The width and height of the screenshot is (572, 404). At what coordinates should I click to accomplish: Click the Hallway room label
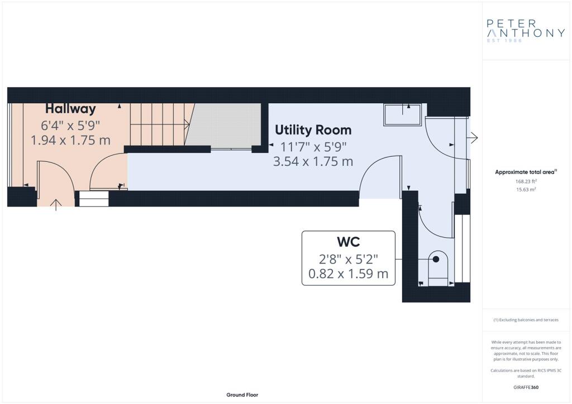[70, 109]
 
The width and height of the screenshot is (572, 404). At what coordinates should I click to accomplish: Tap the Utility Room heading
[313, 130]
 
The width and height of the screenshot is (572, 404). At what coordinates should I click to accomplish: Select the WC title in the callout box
[348, 242]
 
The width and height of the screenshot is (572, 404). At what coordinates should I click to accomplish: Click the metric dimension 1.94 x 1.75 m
[70, 140]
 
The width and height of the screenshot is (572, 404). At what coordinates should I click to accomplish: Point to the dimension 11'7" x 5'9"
[313, 147]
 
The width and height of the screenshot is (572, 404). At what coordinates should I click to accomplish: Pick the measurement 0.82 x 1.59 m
[348, 274]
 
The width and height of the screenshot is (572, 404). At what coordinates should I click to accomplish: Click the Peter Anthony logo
[525, 29]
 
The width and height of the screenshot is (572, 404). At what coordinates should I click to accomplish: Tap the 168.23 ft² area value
[526, 181]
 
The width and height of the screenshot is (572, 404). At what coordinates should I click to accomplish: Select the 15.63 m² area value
[526, 190]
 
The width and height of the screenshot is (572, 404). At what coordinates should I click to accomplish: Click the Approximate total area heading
[525, 172]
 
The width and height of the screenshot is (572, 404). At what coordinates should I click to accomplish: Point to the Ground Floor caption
[242, 395]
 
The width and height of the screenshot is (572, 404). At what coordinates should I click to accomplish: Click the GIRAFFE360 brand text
[526, 387]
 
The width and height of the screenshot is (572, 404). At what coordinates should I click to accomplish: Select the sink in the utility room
[402, 116]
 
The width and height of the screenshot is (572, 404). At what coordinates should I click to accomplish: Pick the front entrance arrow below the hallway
[56, 205]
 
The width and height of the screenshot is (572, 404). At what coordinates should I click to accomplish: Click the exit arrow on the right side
[473, 137]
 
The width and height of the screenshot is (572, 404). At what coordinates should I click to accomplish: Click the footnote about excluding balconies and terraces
[526, 320]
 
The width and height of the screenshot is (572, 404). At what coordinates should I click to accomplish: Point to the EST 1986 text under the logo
[504, 41]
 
